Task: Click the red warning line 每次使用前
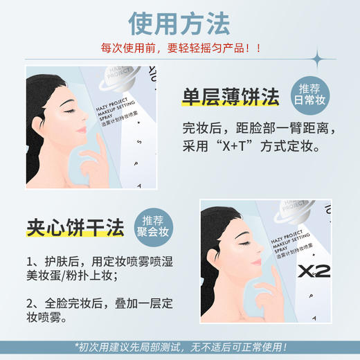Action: point(181,49)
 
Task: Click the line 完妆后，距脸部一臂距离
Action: point(259,128)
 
